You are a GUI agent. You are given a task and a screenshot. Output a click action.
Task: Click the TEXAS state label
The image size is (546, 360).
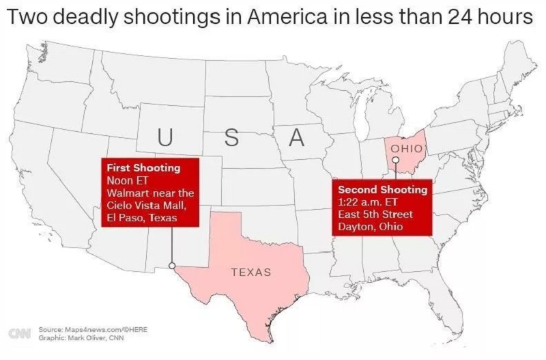251,272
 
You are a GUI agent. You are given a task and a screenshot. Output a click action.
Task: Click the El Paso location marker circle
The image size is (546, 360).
172,265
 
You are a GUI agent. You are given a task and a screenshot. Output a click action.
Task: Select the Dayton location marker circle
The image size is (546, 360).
395,159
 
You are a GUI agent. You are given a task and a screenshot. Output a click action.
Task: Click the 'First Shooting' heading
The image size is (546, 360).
143,168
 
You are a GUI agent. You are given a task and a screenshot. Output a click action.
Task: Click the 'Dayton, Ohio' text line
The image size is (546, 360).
370,226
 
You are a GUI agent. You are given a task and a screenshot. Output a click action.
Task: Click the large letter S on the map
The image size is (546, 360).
231,137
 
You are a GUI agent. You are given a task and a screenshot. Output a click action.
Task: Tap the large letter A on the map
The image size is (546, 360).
296,137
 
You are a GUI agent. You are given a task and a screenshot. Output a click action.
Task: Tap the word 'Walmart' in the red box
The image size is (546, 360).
127,193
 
